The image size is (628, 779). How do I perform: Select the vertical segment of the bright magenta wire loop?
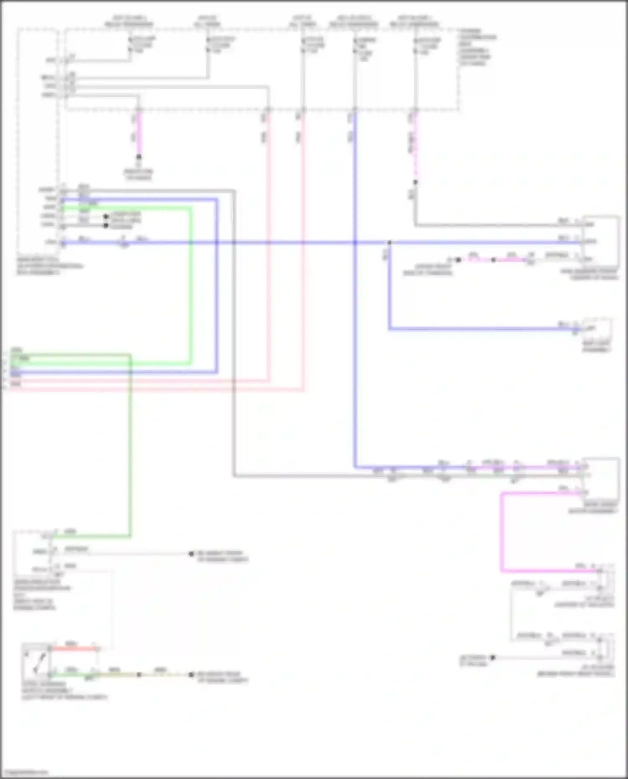click(502, 532)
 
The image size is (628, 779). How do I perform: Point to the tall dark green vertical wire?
click(130, 444)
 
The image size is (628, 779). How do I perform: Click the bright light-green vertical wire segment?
click(191, 285)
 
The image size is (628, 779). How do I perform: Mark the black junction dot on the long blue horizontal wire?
click(389, 242)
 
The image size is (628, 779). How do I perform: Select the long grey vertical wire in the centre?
click(234, 335)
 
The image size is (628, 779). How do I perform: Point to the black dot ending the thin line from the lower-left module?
click(191, 554)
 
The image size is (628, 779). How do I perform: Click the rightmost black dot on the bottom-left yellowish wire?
click(191, 675)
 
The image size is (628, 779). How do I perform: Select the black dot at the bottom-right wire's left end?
click(493, 658)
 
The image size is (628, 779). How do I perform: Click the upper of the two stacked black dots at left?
click(106, 217)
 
